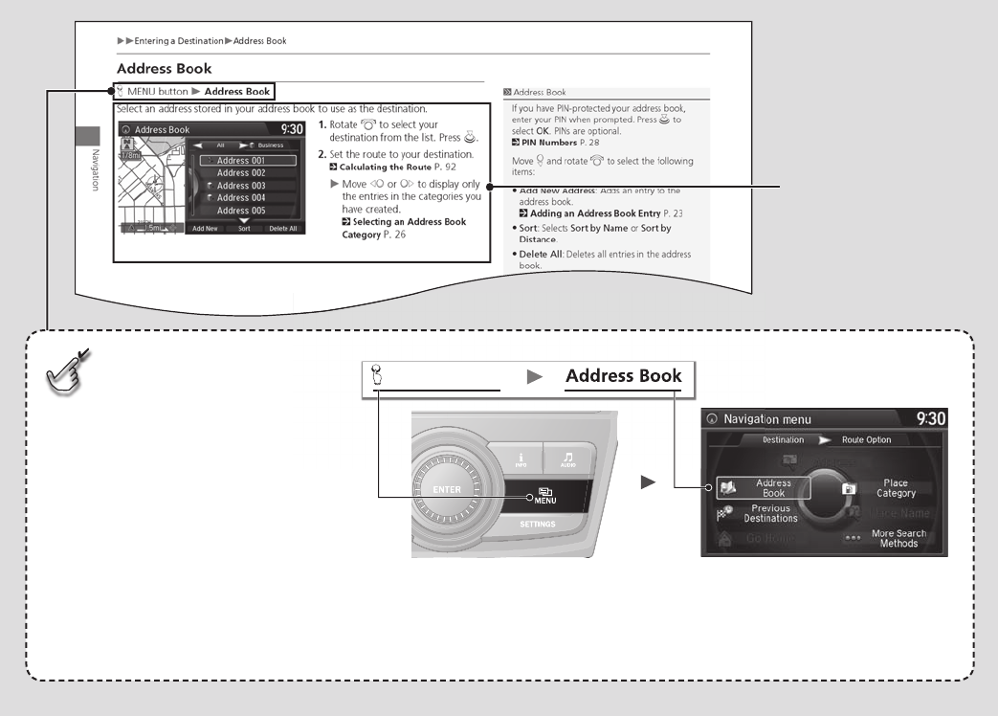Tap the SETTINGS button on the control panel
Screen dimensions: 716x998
coord(538,526)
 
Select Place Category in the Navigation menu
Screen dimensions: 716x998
coord(896,488)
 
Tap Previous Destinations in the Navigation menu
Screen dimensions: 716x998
coord(770,513)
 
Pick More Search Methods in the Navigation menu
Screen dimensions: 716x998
coord(898,538)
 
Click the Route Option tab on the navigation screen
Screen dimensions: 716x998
coord(866,440)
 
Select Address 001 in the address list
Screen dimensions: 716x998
coord(240,161)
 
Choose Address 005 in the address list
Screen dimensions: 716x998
coord(240,211)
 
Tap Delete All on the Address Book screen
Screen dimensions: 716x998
coord(282,229)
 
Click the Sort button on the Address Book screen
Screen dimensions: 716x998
coord(244,229)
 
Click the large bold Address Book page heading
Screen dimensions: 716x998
coord(164,69)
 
